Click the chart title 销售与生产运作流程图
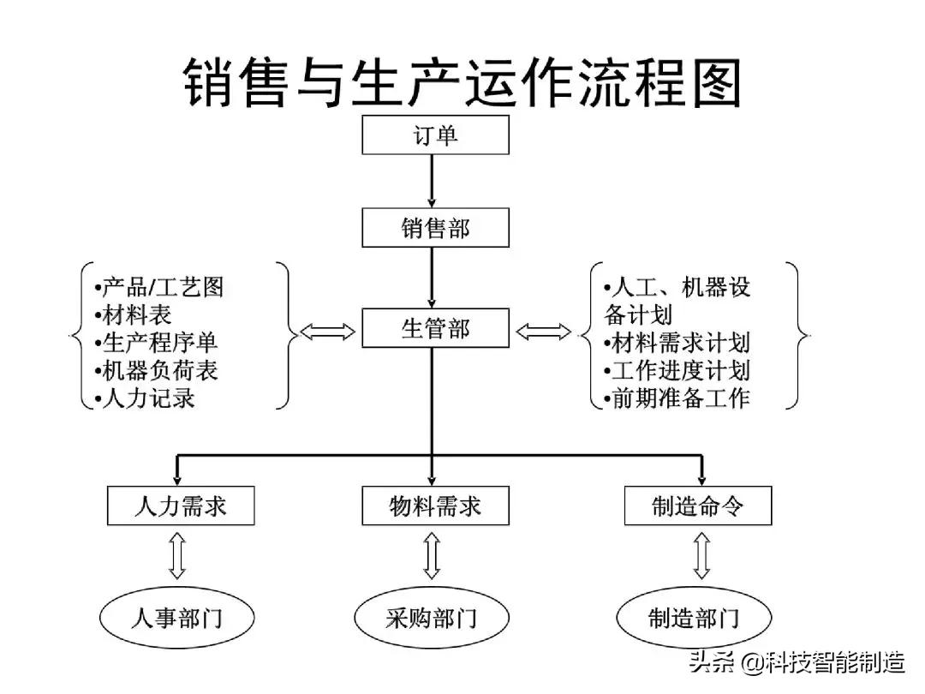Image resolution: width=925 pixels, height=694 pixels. tap(462, 83)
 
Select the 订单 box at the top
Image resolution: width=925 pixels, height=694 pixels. tap(435, 136)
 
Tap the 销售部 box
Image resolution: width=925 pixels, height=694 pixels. tap(435, 229)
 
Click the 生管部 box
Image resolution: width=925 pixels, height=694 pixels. tap(435, 328)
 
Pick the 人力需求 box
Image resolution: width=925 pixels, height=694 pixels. tap(181, 506)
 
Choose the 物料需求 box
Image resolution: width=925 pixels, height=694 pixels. tap(435, 506)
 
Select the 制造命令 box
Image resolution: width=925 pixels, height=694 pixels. tap(698, 506)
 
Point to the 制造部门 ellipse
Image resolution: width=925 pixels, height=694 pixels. tap(694, 618)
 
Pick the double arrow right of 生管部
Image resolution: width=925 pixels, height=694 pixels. tap(544, 331)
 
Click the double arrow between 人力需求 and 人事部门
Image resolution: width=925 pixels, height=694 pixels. tap(177, 555)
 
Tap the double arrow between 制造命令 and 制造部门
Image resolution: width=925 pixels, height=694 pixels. tap(701, 555)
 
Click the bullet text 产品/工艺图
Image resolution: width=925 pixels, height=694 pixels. tap(158, 287)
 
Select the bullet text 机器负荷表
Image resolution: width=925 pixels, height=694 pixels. tap(155, 370)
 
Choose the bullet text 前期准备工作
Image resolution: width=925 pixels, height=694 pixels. tap(677, 398)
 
